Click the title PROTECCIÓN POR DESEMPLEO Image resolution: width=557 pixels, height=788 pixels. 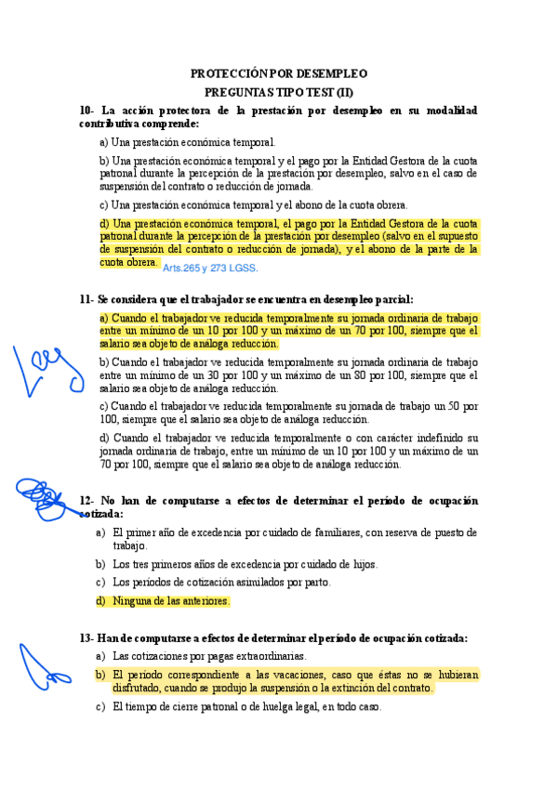(279, 73)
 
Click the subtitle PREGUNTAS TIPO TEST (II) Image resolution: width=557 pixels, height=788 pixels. (279, 92)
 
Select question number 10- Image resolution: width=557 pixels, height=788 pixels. (87, 111)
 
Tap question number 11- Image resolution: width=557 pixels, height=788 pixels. (87, 299)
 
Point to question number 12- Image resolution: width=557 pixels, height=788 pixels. (87, 501)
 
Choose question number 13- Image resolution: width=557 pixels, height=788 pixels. (87, 638)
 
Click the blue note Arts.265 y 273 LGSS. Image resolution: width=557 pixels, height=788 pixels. (210, 268)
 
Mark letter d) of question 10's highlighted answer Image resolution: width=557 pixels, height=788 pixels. (103, 223)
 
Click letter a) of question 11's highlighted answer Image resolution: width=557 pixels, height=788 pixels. (103, 318)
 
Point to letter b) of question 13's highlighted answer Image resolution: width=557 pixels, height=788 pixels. (99, 675)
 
